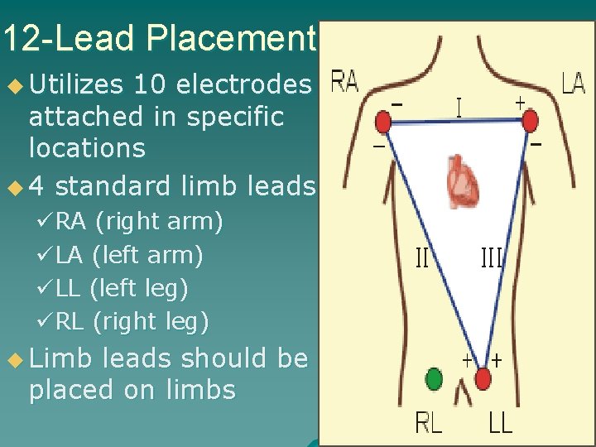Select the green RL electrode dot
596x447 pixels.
coord(433,379)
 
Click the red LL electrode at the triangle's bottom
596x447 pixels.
coord(483,379)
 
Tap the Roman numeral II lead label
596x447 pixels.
coord(422,260)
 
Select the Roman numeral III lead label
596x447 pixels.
coord(492,260)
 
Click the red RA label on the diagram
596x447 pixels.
coord(344,82)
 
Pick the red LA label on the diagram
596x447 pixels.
coord(573,83)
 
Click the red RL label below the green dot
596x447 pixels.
coord(429,423)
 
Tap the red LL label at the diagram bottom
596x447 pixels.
coord(500,423)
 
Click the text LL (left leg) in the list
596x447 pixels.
coord(123,288)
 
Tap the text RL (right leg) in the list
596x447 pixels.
coord(133,320)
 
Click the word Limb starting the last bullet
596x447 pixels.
coord(60,358)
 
